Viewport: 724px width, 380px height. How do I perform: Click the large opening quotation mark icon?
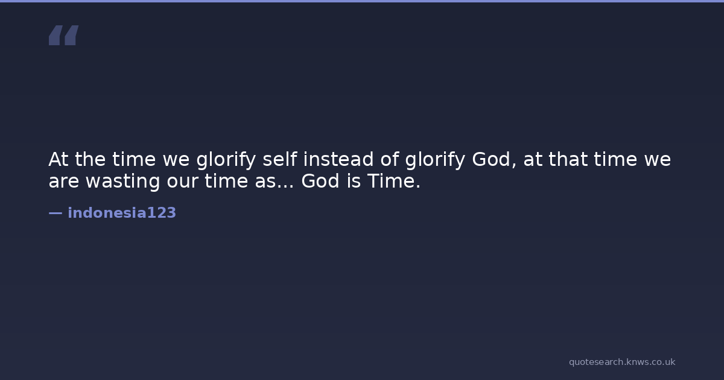[64, 35]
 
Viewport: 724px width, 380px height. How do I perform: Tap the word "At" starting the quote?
[58, 159]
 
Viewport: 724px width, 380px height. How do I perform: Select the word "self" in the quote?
[279, 159]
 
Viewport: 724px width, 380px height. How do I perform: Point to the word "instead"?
[338, 159]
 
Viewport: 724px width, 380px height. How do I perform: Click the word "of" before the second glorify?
[390, 159]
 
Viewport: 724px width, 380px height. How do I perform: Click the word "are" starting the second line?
[64, 181]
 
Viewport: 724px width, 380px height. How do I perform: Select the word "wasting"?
[123, 182]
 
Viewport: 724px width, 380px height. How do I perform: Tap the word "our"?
[182, 182]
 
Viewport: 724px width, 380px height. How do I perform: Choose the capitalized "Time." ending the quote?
[394, 180]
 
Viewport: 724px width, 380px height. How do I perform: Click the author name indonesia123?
[122, 213]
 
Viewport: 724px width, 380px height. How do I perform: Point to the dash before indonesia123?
[56, 213]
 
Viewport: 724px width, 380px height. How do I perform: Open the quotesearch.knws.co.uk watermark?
[622, 362]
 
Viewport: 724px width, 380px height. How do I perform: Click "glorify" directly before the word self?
[226, 160]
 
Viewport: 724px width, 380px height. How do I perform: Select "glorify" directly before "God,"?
[435, 160]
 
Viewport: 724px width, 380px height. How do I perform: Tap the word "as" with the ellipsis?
[275, 182]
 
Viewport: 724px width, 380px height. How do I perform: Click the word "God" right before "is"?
[320, 180]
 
